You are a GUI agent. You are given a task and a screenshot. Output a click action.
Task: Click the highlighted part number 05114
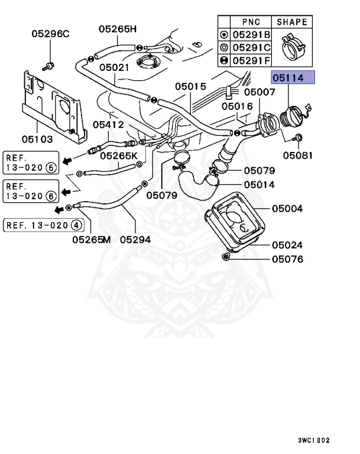(293, 78)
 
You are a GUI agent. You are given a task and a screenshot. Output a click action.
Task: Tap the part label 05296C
(50, 34)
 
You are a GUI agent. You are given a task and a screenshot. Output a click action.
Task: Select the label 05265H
(118, 28)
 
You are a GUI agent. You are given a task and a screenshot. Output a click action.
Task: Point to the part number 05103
(38, 140)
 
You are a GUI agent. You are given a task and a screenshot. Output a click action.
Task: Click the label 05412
(108, 125)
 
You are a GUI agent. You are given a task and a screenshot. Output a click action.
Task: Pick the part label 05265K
(118, 156)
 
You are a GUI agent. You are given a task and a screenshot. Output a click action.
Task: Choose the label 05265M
(92, 239)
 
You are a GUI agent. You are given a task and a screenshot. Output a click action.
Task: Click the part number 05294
(135, 239)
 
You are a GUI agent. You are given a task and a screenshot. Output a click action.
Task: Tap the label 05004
(287, 209)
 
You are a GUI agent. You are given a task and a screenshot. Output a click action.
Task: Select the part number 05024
(287, 245)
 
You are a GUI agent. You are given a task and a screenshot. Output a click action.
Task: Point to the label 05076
(287, 259)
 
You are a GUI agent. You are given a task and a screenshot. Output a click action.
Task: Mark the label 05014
(260, 184)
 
